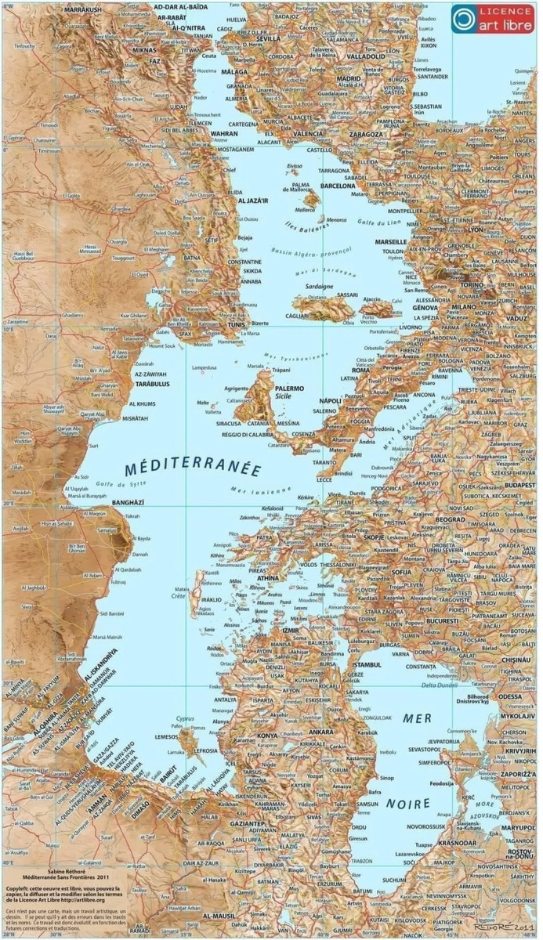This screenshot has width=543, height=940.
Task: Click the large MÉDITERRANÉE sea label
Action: point(192,469)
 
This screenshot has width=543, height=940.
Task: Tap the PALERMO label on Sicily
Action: point(290,387)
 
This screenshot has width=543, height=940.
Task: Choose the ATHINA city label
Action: point(262,578)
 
